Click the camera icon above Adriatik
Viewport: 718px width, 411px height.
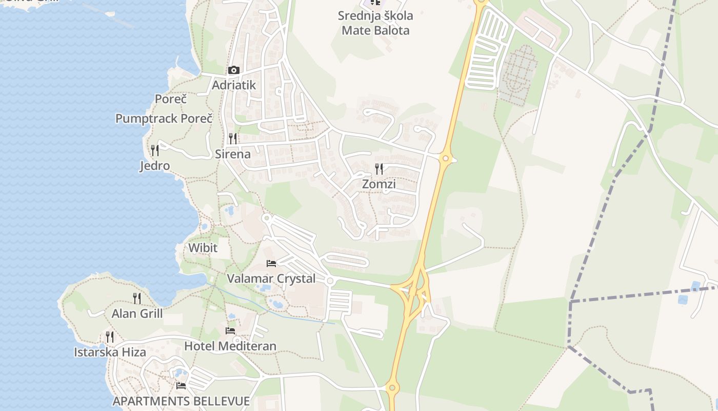pyautogui.click(x=234, y=70)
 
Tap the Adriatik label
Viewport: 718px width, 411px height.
pyautogui.click(x=234, y=85)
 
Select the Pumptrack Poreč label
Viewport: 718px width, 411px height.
pyautogui.click(x=164, y=118)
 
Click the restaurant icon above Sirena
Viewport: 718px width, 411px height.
pyautogui.click(x=233, y=138)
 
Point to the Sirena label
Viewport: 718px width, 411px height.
pyautogui.click(x=233, y=154)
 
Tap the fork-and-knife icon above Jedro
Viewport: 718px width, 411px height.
pyautogui.click(x=155, y=150)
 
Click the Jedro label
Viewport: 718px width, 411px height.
pyautogui.click(x=155, y=165)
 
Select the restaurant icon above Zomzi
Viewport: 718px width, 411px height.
pyautogui.click(x=379, y=169)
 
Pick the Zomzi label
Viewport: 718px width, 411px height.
pyautogui.click(x=379, y=183)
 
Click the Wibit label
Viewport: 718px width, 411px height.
pyautogui.click(x=203, y=248)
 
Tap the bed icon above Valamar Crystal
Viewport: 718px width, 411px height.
pyautogui.click(x=271, y=264)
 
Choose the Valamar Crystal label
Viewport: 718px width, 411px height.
pyautogui.click(x=271, y=278)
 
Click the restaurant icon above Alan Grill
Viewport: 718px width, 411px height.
pyautogui.click(x=137, y=298)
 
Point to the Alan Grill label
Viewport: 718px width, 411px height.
pyautogui.click(x=137, y=313)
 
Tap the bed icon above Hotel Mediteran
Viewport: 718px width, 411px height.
pyautogui.click(x=230, y=331)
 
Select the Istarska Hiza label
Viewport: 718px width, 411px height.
pyautogui.click(x=110, y=352)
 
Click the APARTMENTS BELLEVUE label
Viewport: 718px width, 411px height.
pyautogui.click(x=181, y=401)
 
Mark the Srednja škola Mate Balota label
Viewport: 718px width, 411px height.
pyautogui.click(x=375, y=23)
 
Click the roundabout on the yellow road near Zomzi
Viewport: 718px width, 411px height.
pyautogui.click(x=445, y=159)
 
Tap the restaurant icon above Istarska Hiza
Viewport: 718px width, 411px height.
pyautogui.click(x=110, y=337)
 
